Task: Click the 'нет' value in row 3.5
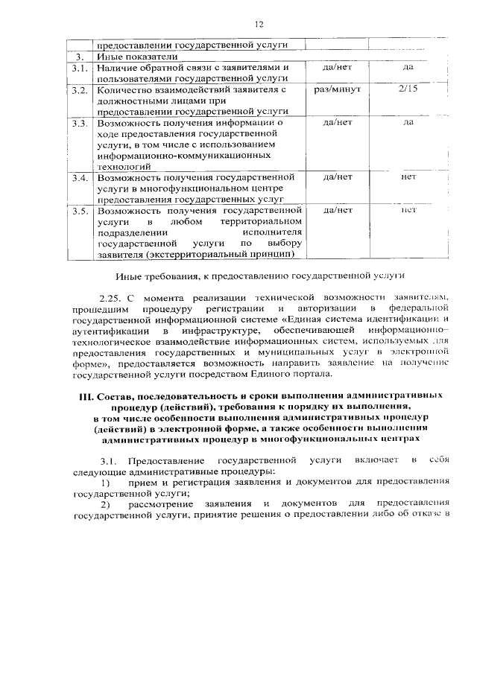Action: pyautogui.click(x=408, y=210)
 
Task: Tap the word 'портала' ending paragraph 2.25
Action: pyautogui.click(x=307, y=373)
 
